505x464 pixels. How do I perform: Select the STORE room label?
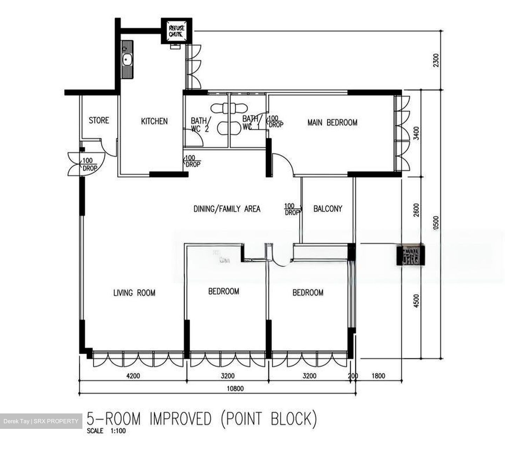tap(99, 120)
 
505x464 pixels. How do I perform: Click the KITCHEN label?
tap(154, 121)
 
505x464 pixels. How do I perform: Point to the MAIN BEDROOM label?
tap(332, 122)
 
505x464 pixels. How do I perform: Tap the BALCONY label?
tap(328, 209)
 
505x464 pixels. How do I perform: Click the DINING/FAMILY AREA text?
tap(227, 209)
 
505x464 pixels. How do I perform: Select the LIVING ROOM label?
tap(134, 293)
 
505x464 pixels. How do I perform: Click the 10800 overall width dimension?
tap(235, 388)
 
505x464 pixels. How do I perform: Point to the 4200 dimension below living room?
tap(133, 376)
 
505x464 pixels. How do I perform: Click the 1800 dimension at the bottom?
tap(378, 376)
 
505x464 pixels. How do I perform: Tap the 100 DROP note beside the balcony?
tap(292, 209)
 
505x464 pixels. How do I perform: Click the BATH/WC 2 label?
tap(200, 125)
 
